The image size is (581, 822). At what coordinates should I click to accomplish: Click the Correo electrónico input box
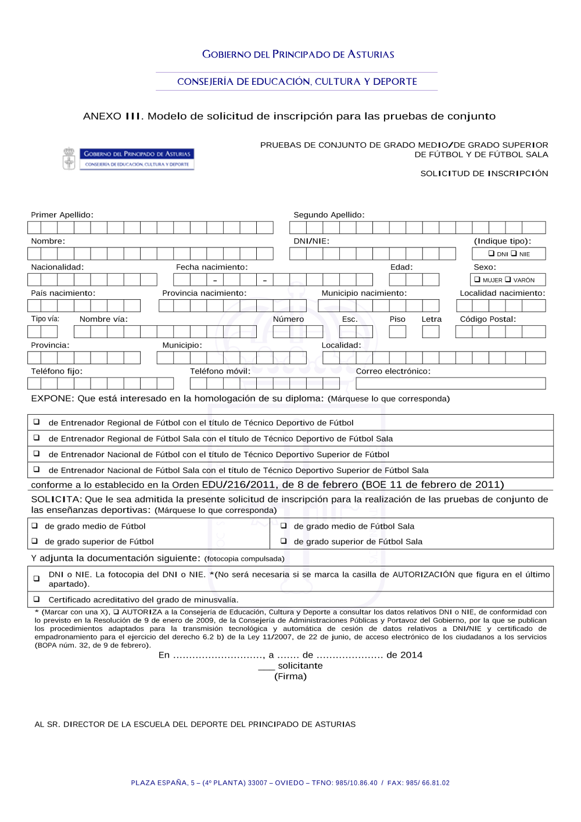click(450, 383)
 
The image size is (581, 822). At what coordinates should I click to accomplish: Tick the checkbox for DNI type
click(492, 253)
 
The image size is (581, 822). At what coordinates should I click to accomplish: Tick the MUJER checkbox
click(478, 279)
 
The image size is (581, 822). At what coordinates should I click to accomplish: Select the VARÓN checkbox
click(508, 279)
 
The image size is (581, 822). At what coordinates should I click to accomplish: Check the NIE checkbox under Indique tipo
click(514, 253)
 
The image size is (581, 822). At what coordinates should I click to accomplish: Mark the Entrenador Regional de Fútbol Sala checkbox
click(37, 438)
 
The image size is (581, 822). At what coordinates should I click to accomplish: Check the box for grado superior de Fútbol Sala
click(284, 541)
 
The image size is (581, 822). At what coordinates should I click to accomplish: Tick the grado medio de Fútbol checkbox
click(35, 526)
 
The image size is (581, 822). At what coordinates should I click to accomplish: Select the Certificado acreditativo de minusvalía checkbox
click(37, 599)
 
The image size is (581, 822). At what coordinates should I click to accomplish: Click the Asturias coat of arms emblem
click(69, 159)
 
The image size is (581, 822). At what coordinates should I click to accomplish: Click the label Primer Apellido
click(62, 215)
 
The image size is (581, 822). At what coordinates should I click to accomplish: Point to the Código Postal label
click(487, 319)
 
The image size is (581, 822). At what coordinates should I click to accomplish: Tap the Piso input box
click(397, 332)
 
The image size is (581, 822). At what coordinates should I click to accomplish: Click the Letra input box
click(431, 332)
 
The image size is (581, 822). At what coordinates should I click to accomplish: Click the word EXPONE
click(52, 399)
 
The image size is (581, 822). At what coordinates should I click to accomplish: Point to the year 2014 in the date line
click(411, 655)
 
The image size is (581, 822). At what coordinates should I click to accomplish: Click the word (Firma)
click(290, 676)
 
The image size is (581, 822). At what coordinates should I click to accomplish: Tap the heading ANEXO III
click(113, 116)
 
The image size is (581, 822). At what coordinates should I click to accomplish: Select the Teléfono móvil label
click(220, 371)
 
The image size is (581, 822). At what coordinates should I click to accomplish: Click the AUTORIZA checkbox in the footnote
click(116, 612)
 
